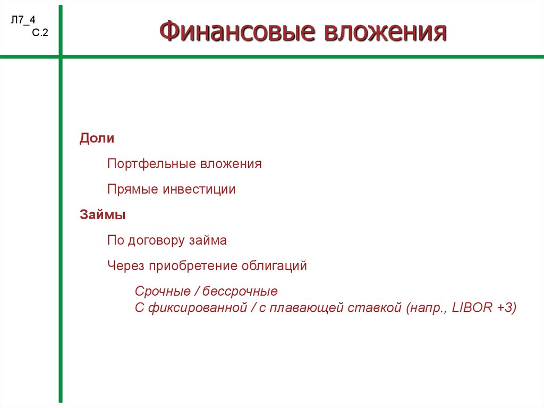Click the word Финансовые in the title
tap(237, 31)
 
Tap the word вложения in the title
tap(386, 31)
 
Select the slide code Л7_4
tap(23, 20)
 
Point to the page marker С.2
tap(40, 32)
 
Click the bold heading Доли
tap(97, 138)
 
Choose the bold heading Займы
tap(103, 215)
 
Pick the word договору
tap(156, 240)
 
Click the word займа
tap(208, 240)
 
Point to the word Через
tap(125, 266)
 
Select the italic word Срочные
tap(163, 291)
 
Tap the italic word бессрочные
tap(240, 291)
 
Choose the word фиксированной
tap(198, 307)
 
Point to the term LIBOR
tap(472, 307)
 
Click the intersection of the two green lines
tap(61, 56)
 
